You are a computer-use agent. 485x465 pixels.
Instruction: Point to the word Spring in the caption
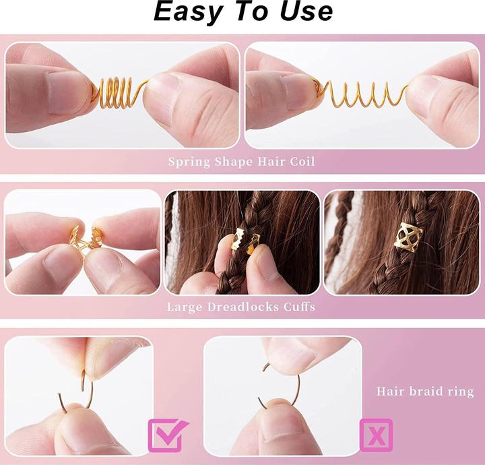187,162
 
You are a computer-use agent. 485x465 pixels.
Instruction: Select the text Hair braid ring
425,392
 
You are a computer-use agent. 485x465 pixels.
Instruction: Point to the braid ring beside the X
278,387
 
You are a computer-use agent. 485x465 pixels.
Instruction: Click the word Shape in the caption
232,162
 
